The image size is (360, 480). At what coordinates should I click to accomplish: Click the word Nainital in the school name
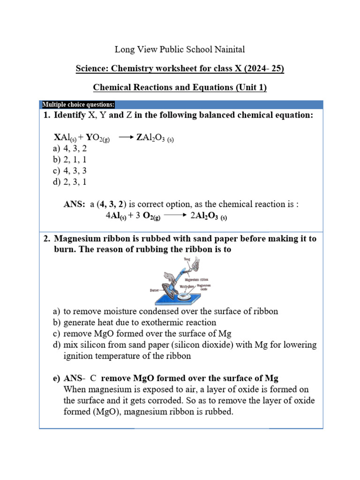coord(228,49)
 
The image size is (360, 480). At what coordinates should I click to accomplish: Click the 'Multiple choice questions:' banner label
coord(79,105)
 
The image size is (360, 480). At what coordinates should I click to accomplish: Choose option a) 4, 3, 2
coord(70,149)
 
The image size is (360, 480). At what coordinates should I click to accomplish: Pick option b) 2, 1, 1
coord(70,160)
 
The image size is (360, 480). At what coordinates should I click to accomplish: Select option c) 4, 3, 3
coord(70,171)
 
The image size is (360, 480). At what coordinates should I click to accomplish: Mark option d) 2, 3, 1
coord(70,182)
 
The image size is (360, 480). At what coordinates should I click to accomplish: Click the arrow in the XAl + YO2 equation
coord(126,138)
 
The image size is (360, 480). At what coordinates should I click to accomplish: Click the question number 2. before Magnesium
coord(46,239)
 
